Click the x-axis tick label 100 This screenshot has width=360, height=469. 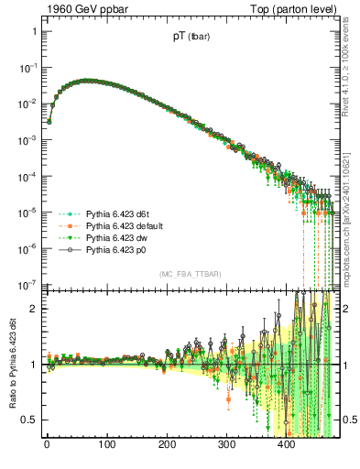(x=106, y=446)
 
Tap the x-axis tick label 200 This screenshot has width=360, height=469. (x=167, y=446)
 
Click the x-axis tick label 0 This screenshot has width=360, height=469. (x=47, y=446)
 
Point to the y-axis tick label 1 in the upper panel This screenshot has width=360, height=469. (x=34, y=32)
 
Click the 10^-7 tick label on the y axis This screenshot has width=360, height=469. (x=27, y=284)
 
